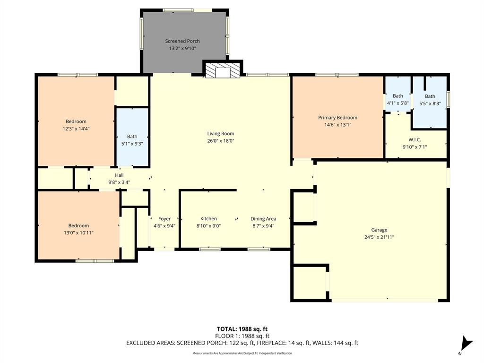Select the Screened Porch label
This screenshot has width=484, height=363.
(x=182, y=41)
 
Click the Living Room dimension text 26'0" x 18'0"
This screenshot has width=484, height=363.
(x=221, y=140)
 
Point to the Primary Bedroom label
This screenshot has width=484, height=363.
(x=337, y=118)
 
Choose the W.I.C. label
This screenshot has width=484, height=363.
(x=415, y=139)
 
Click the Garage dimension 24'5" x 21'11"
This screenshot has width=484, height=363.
(x=379, y=237)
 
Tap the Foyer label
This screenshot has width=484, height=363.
(x=164, y=219)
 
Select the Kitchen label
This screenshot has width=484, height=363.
(x=208, y=219)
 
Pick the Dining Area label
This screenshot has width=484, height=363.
(x=263, y=219)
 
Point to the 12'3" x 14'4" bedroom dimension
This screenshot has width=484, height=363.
(x=76, y=129)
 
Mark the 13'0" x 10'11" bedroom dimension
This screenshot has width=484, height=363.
(x=78, y=233)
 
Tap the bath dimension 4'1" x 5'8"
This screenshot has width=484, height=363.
(x=398, y=103)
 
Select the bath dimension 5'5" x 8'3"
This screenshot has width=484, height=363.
(x=430, y=104)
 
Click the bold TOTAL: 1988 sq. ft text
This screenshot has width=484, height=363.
(x=242, y=329)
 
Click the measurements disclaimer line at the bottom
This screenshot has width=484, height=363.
(x=242, y=354)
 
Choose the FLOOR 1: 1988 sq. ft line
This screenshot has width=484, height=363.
(x=242, y=336)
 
